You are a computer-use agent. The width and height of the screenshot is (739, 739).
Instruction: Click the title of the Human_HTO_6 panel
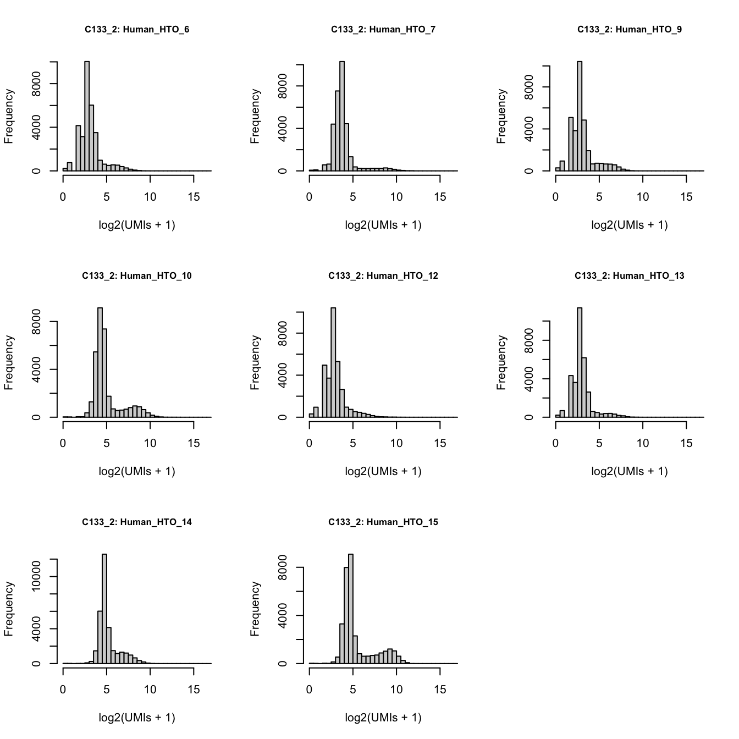(137, 30)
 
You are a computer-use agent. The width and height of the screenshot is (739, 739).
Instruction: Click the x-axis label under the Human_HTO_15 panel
(383, 717)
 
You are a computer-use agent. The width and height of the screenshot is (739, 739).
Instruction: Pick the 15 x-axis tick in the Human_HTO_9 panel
(686, 197)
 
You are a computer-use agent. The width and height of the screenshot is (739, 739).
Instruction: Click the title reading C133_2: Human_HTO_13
(630, 276)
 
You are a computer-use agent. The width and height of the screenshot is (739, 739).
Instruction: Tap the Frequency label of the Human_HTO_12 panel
(255, 363)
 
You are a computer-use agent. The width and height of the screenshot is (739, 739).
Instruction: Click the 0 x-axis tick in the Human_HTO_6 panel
(63, 197)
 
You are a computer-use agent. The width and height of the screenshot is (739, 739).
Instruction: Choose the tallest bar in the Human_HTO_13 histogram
(580, 362)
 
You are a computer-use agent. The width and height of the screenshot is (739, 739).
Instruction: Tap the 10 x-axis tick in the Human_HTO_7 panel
(396, 197)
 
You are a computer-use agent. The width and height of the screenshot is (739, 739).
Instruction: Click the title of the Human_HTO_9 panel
(630, 30)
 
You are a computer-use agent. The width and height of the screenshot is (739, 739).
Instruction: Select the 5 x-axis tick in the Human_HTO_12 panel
(352, 443)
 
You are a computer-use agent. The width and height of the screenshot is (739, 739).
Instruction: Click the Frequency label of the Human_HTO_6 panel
(8, 117)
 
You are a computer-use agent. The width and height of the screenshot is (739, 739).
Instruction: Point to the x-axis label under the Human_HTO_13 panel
(630, 471)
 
